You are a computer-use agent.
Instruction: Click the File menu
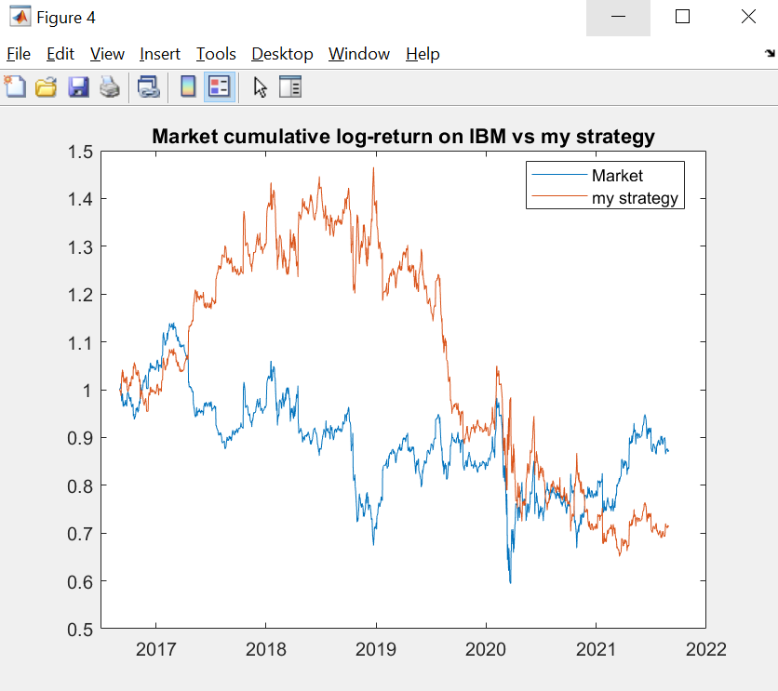(19, 54)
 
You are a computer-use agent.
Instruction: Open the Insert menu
(160, 54)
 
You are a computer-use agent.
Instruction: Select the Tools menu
(216, 54)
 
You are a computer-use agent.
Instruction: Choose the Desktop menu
(282, 54)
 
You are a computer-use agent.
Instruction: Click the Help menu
(423, 54)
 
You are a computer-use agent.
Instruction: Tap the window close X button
(747, 17)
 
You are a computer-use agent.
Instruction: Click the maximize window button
(682, 17)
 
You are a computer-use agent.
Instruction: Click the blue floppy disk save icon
(78, 87)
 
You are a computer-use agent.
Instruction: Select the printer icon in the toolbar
(110, 87)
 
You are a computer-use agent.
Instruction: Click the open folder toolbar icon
(46, 87)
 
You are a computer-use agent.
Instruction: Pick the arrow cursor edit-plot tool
(260, 87)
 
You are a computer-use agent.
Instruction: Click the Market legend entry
(616, 176)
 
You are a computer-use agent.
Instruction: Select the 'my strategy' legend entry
(634, 197)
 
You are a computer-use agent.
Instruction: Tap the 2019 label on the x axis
(375, 648)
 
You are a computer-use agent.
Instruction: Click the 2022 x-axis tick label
(704, 648)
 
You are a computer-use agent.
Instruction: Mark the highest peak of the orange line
(373, 168)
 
